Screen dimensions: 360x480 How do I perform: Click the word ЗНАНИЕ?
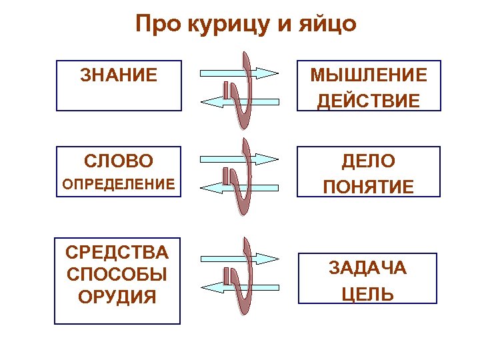tap(119, 74)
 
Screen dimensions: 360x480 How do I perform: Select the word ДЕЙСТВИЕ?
tap(368, 100)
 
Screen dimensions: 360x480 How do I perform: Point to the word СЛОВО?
tap(119, 161)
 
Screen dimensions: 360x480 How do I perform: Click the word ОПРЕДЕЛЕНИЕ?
tap(119, 183)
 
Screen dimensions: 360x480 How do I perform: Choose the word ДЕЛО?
tap(368, 161)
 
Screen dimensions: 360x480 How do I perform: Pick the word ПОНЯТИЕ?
tap(368, 187)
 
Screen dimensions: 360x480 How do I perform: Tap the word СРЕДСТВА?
tap(117, 253)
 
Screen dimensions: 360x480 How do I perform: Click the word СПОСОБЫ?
tap(117, 274)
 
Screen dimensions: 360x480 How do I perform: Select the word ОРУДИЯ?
tap(117, 295)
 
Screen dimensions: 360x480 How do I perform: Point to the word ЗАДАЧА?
tap(367, 268)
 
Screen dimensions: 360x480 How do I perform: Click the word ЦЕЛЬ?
tap(367, 294)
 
